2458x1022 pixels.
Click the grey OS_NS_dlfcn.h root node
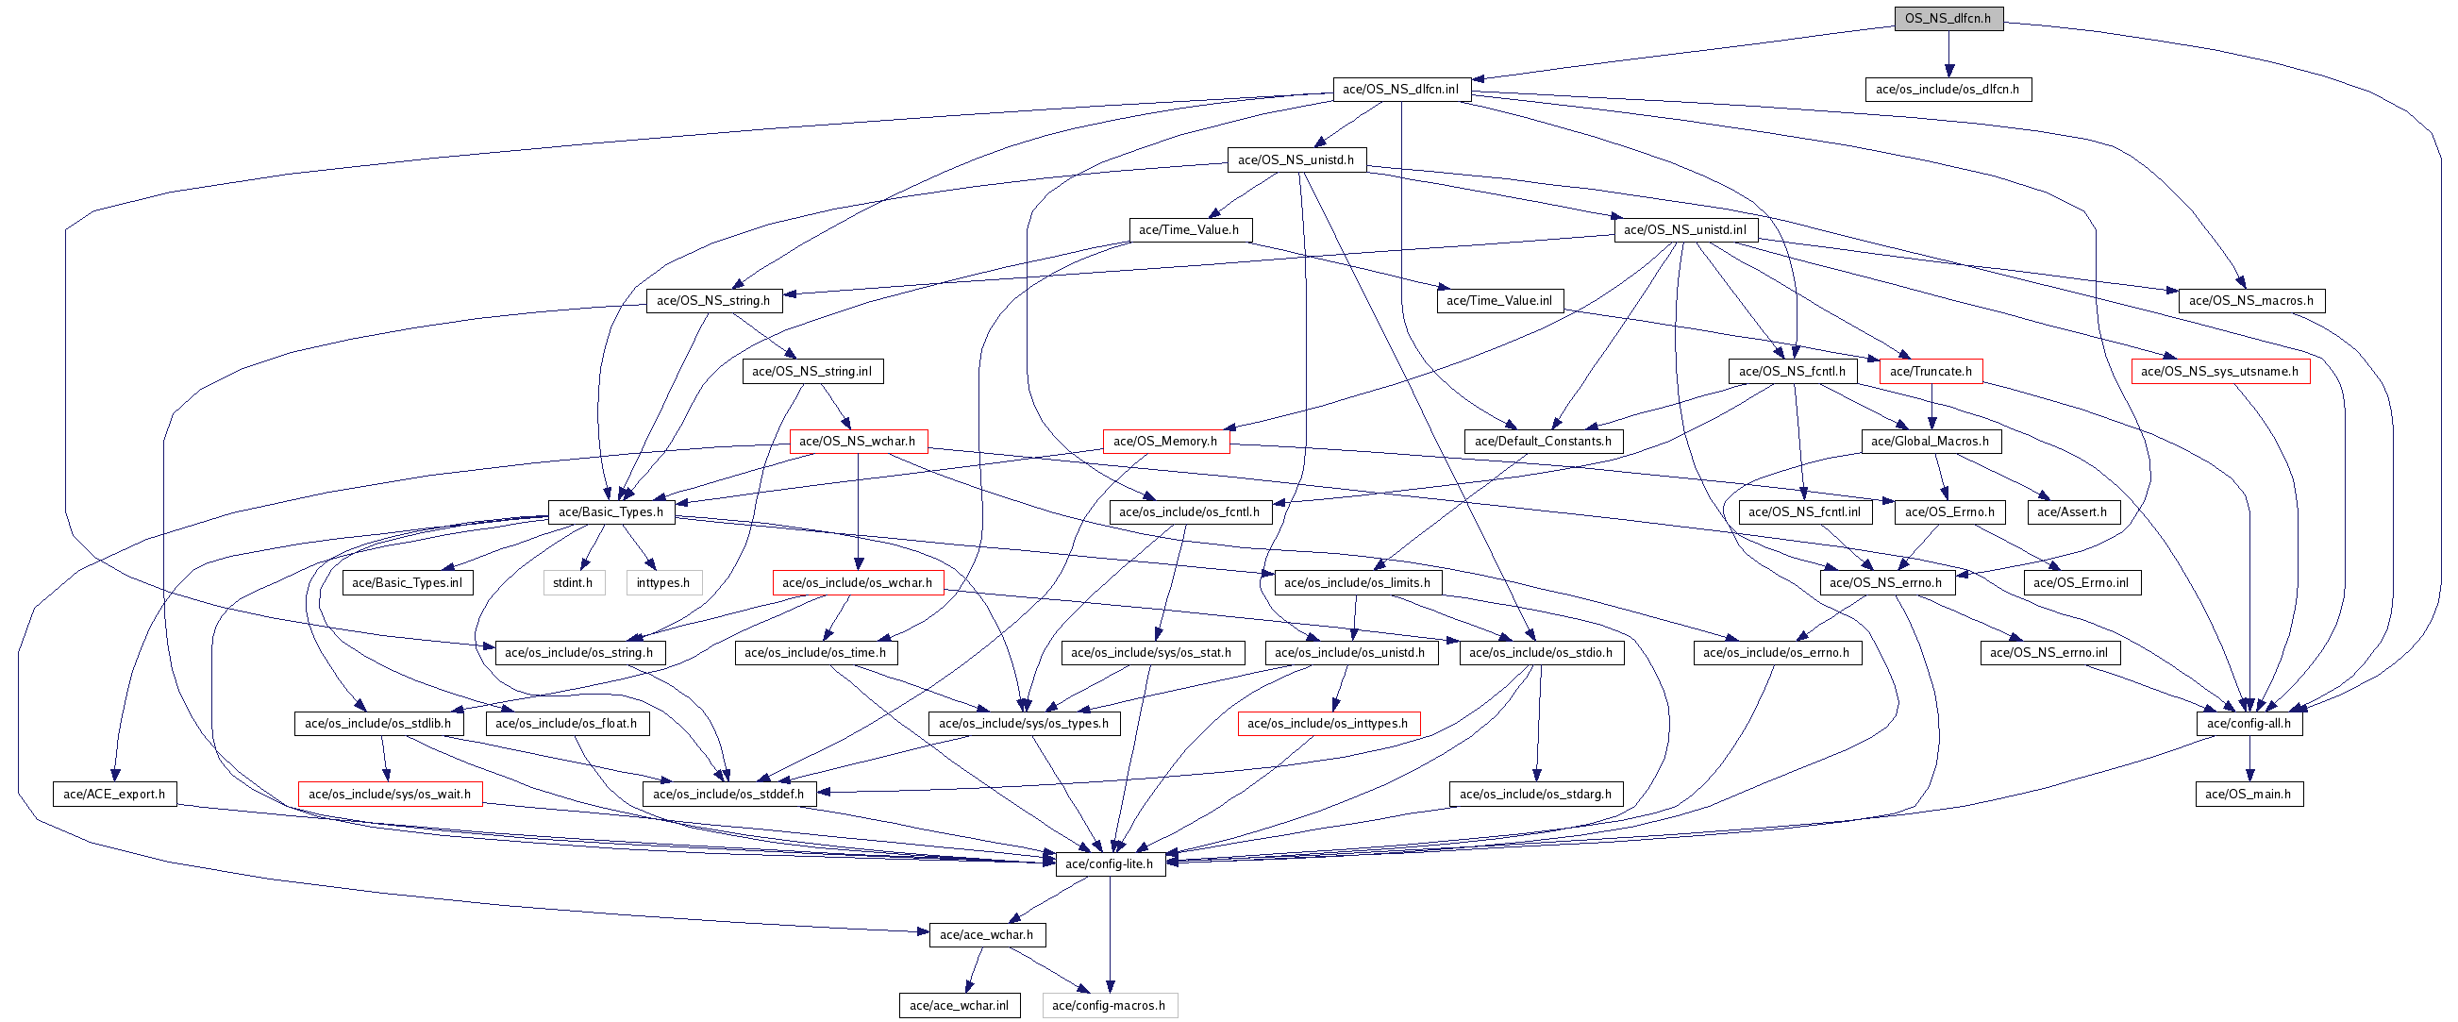pos(1948,18)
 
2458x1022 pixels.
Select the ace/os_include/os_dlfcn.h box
pos(1948,90)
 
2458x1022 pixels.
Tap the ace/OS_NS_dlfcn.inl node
pos(1401,90)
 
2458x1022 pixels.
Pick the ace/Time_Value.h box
pos(1189,230)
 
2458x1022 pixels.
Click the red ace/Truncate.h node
pos(1931,371)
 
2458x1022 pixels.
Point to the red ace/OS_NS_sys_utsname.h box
pos(2219,371)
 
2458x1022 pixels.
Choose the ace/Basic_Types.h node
pos(610,512)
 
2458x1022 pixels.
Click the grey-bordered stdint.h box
pos(573,583)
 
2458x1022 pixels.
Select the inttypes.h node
pos(663,583)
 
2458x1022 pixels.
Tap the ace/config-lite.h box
pos(1109,864)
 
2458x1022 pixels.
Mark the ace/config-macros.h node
pos(1109,1006)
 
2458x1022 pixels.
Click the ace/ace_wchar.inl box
pos(959,1006)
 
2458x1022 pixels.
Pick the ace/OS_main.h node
pos(2249,795)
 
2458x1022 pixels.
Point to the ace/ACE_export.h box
pos(113,795)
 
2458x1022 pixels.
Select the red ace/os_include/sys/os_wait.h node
pos(390,795)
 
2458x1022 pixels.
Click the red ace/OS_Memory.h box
pos(1165,442)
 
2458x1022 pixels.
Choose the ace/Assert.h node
pos(2071,512)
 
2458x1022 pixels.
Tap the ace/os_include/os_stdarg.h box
pos(1535,795)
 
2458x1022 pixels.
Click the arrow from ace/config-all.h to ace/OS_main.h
pos(2249,760)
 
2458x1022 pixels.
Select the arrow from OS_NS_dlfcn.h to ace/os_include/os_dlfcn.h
pos(1948,55)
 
